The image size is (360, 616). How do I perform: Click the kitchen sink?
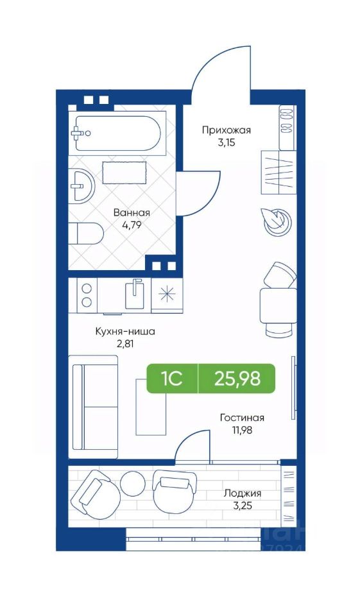point(135,294)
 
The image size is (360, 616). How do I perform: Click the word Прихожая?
point(227,130)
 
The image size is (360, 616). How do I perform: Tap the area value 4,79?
point(132,225)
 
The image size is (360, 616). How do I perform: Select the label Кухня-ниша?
point(125,332)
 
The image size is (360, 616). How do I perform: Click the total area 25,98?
point(237,379)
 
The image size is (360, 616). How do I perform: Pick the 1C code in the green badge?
point(171,379)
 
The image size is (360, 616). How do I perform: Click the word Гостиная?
point(242,418)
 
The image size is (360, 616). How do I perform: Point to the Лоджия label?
point(243,493)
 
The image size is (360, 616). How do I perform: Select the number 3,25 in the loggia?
point(243,505)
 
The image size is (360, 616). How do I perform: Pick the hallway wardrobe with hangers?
point(278,172)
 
